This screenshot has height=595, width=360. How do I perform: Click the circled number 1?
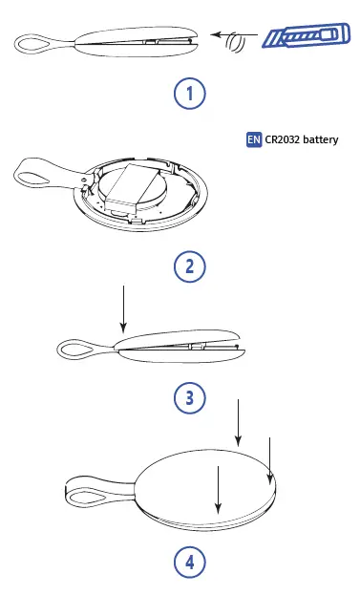[189, 94]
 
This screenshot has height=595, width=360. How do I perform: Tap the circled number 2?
[189, 266]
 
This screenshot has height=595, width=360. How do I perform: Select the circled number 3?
[189, 398]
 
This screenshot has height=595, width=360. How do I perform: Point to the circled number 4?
[189, 563]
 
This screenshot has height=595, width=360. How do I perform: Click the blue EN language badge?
[253, 139]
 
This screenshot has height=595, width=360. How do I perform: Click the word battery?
[323, 139]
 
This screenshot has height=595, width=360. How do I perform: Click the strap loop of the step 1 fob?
[34, 42]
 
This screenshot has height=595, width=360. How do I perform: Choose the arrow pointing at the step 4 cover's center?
[218, 487]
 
